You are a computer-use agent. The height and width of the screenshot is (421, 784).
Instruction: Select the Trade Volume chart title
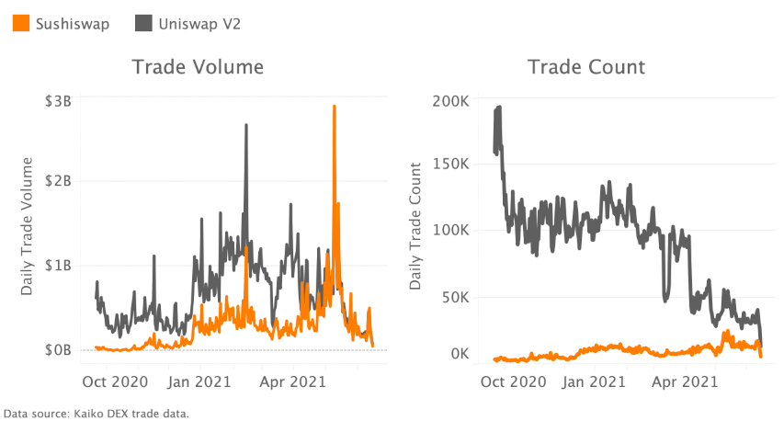coord(198,67)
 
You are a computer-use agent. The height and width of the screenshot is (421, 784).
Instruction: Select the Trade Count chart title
coord(586,67)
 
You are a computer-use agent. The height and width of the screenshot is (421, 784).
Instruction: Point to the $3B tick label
coord(58,101)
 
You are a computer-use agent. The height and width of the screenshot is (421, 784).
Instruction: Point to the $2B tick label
coord(58,181)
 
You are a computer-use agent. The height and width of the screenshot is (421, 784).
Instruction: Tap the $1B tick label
coord(58,266)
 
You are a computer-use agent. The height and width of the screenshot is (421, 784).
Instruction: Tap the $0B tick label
coord(58,349)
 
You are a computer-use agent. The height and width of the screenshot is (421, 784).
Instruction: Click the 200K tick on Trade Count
coord(449,101)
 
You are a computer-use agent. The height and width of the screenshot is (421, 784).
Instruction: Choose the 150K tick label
coord(449,164)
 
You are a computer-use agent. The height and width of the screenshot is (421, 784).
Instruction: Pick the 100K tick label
coord(449,230)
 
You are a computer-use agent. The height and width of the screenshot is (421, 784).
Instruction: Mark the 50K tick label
coord(453,298)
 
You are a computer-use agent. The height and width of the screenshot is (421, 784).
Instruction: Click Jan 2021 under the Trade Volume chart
coord(200,377)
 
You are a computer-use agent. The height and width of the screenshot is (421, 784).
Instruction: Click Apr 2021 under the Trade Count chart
coord(686,377)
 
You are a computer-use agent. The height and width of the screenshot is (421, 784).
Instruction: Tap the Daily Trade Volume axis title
coord(28,226)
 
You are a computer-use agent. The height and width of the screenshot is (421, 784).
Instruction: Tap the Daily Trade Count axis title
coord(416,226)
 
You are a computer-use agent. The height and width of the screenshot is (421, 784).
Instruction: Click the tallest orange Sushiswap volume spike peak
coord(334,107)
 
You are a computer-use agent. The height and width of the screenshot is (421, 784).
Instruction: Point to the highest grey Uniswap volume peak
coord(245,125)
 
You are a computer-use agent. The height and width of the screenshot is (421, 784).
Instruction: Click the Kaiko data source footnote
coord(96,414)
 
